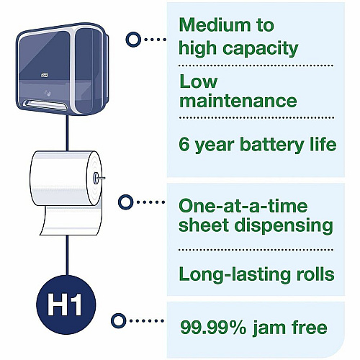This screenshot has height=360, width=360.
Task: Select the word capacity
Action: (261, 50)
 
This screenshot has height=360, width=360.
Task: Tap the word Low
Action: (199, 81)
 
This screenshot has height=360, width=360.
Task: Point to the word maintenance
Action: (238, 101)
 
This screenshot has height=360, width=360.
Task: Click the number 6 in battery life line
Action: (184, 144)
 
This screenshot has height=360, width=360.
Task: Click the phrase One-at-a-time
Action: (243, 206)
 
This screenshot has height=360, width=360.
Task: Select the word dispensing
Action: (284, 226)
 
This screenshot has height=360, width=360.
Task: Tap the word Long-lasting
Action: (235, 275)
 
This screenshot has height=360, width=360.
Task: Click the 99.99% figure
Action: (213, 328)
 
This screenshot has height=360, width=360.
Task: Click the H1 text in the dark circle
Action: (64, 305)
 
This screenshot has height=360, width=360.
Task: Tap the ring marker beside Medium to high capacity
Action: (133, 40)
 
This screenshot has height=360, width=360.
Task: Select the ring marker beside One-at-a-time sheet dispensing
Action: (125, 202)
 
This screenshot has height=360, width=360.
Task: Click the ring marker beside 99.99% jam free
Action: (119, 320)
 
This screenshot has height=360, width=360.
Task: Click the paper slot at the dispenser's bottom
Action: (45, 104)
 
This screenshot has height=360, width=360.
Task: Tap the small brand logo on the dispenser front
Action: (44, 75)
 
